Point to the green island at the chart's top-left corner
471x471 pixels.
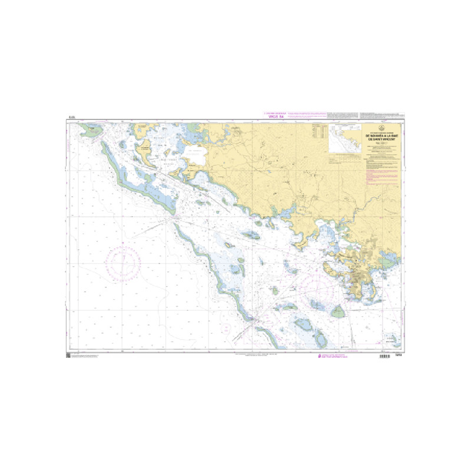coord(92,131)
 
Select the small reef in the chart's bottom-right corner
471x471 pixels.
coord(390,340)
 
